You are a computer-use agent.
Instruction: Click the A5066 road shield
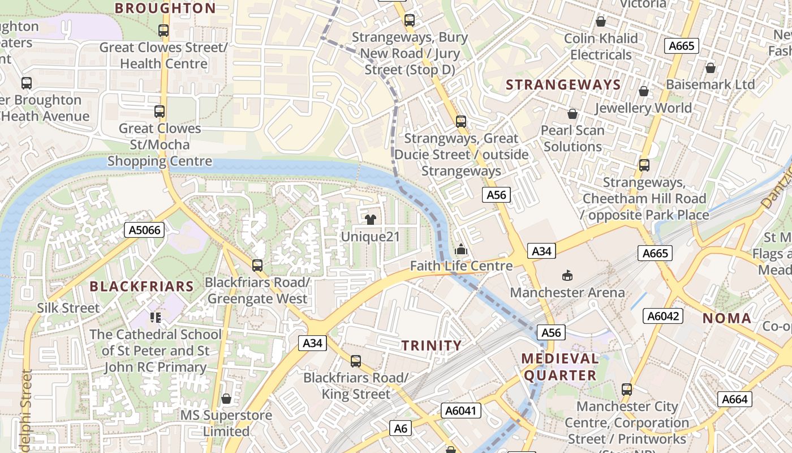(144, 230)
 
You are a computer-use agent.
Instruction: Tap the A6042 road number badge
(662, 316)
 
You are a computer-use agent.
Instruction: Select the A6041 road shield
(461, 411)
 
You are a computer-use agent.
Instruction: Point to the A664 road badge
(735, 399)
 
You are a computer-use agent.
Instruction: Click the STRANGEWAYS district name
(563, 85)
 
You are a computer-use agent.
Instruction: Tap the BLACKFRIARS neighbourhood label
(142, 286)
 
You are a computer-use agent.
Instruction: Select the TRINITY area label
(432, 345)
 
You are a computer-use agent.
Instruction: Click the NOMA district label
(727, 318)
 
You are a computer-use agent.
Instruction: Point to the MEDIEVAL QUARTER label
(560, 367)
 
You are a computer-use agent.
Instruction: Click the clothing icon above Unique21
(371, 220)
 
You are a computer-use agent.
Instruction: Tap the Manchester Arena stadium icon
(567, 276)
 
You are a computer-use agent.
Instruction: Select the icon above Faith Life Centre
(461, 249)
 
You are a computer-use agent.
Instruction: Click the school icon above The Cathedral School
(156, 317)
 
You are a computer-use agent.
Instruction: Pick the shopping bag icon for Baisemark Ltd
(711, 68)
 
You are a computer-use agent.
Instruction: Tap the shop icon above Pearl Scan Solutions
(573, 114)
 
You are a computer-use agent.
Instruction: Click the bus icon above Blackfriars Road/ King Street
(355, 361)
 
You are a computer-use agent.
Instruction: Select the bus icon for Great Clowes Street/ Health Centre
(163, 31)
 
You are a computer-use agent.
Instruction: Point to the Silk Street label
(68, 308)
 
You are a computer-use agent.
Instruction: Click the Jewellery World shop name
(643, 108)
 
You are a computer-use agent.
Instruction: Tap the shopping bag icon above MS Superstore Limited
(226, 399)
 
